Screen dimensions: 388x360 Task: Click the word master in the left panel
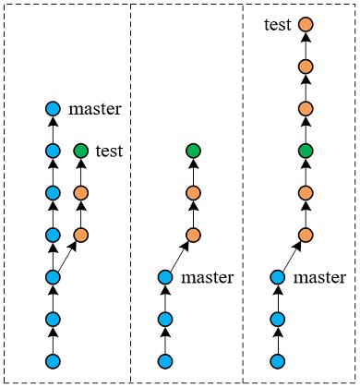click(x=95, y=109)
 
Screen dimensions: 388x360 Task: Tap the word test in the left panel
click(x=109, y=151)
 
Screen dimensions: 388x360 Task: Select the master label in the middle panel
click(x=208, y=276)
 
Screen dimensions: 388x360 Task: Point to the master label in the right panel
click(x=320, y=276)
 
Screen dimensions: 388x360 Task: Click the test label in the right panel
click(x=278, y=25)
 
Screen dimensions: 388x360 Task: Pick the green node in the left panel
click(x=80, y=151)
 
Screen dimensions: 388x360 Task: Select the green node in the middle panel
click(x=193, y=151)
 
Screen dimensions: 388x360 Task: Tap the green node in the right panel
click(x=306, y=151)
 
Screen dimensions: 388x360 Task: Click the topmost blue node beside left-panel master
click(x=53, y=109)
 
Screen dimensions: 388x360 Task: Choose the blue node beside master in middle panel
click(x=165, y=276)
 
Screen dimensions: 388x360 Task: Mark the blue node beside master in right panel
click(x=278, y=276)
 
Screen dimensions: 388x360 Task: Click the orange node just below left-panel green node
click(x=80, y=193)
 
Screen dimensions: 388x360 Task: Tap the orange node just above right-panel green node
click(x=306, y=109)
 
